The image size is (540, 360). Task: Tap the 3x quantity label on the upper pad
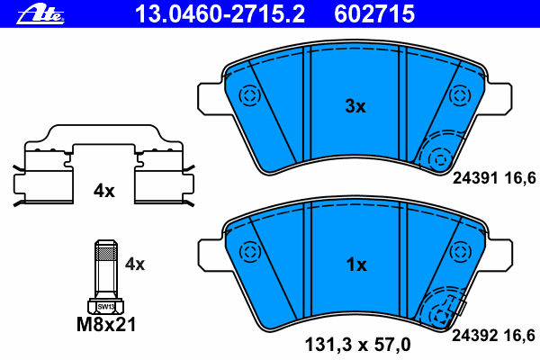point(355,106)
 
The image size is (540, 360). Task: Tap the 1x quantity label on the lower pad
point(355,265)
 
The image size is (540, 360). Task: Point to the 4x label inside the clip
point(104,191)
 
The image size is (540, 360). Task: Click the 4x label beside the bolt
point(134,264)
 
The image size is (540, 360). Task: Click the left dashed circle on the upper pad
point(248,94)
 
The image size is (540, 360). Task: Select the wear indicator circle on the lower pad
point(439,316)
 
